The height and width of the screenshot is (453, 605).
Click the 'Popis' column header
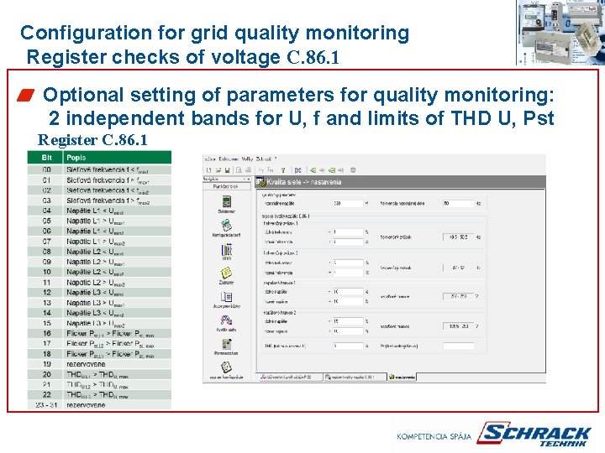(76, 158)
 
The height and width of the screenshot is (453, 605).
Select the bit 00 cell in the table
(46, 169)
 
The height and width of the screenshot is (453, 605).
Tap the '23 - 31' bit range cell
(46, 404)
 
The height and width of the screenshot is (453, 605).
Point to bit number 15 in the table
(46, 323)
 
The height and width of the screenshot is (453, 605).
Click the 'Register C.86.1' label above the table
(92, 139)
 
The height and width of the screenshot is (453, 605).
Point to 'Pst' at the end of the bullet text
(538, 118)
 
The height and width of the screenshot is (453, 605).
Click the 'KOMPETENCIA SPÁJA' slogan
(434, 435)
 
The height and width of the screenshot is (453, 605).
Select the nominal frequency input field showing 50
(457, 202)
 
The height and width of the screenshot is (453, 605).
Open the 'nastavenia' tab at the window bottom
(404, 377)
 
